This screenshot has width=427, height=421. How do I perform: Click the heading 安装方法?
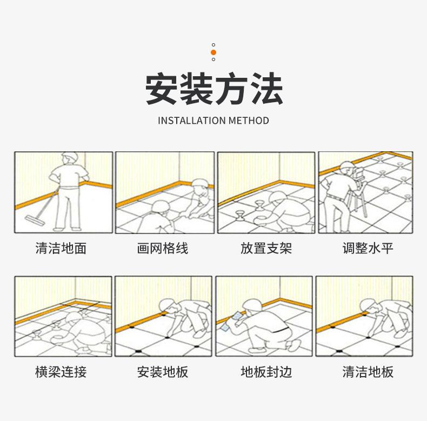(213, 89)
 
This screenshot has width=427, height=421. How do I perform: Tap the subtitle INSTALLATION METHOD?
(213, 121)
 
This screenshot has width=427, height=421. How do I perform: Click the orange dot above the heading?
(213, 52)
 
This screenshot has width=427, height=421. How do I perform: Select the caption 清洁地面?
(61, 249)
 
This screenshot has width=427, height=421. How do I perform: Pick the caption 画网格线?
(163, 249)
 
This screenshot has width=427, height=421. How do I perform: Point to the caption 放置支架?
(266, 249)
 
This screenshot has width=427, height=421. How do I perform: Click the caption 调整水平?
(368, 249)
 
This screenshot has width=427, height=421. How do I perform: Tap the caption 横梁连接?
(61, 372)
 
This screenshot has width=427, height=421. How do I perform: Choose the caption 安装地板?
(163, 372)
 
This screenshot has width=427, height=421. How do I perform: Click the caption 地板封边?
(266, 372)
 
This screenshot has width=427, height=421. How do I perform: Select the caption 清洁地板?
(368, 372)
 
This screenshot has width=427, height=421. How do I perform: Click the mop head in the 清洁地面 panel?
(35, 220)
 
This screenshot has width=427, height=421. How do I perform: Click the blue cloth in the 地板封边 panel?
(231, 322)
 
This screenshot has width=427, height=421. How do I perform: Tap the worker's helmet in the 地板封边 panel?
(252, 304)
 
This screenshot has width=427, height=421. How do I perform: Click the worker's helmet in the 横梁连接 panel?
(74, 317)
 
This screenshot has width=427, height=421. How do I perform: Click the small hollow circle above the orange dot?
(213, 45)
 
